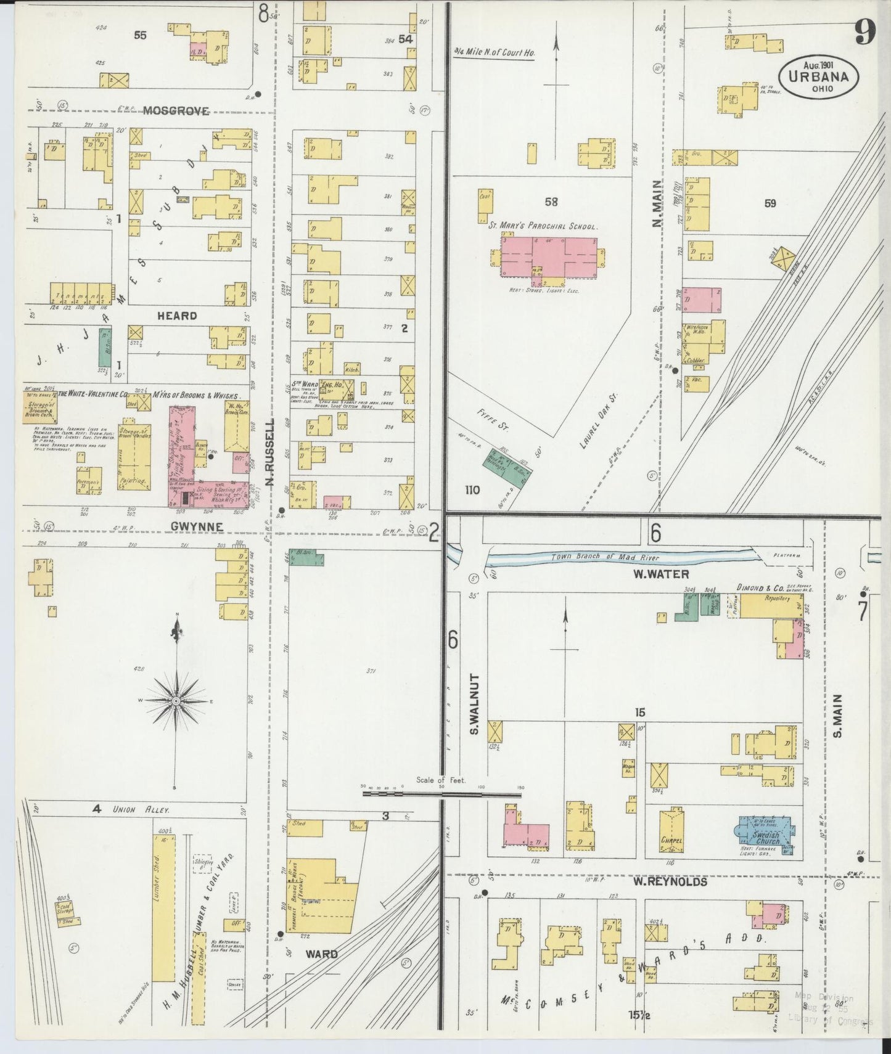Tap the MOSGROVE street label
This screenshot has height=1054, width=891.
[176, 111]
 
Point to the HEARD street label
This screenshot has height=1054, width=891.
[176, 316]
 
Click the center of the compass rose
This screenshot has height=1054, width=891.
[176, 701]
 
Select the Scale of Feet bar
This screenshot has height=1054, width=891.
[441, 794]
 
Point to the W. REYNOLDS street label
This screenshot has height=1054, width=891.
[669, 882]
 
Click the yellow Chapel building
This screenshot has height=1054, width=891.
[671, 832]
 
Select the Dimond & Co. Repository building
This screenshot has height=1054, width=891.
[771, 607]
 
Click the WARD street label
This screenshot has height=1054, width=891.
[321, 954]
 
